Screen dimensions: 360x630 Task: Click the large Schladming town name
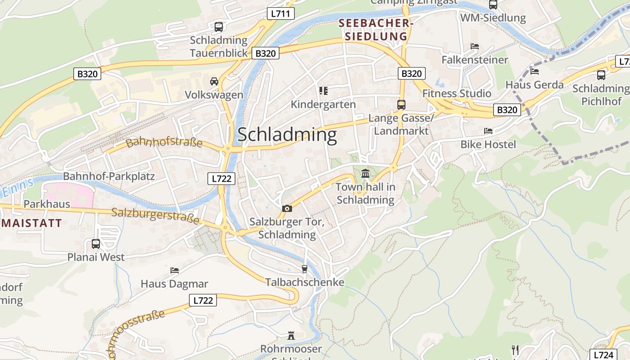point(287,135)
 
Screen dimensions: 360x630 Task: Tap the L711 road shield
point(280,13)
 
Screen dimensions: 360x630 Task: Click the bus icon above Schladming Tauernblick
point(219,27)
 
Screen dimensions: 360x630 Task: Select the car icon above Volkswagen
point(214,81)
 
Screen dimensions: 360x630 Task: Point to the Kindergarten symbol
point(323,91)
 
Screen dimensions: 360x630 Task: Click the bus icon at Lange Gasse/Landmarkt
point(401,105)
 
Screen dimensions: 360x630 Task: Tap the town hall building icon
point(365,173)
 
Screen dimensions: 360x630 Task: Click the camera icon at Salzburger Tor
point(287,208)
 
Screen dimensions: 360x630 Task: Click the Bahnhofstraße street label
point(164,143)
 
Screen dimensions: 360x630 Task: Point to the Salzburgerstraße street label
point(155,215)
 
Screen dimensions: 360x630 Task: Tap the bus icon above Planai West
point(96,244)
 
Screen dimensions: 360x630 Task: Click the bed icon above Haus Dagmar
point(175,270)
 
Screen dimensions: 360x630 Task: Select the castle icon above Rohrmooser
point(291,336)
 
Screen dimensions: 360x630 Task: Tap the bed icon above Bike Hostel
point(488,131)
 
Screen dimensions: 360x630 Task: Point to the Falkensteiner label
point(475,60)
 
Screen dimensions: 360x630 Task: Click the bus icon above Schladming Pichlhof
point(601,75)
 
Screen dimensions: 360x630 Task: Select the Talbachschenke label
point(305,282)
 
